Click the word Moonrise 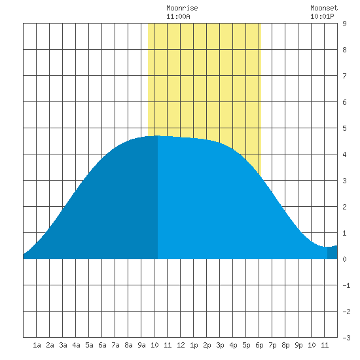pos(182,8)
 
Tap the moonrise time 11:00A pos(178,16)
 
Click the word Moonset pos(324,8)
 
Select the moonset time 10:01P pos(322,16)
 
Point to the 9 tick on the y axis pos(344,24)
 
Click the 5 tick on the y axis pos(344,128)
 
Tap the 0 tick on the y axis pos(344,259)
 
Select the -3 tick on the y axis pos(346,338)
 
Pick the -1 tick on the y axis pos(346,285)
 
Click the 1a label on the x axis pos(37,345)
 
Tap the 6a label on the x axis pos(102,345)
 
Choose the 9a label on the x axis pos(141,345)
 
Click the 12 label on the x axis pos(181,345)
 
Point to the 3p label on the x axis pos(220,345)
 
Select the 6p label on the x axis pos(259,345)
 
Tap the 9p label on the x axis pos(298,345)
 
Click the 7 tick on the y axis pos(344,76)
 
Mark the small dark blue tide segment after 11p pos(333,253)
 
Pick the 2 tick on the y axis pos(344,207)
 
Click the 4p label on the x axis pos(233,345)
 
